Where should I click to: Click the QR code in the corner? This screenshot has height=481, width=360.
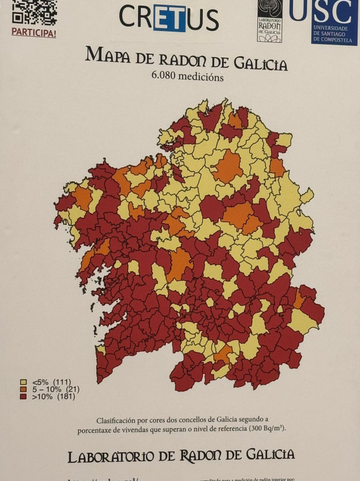click(x=34, y=11)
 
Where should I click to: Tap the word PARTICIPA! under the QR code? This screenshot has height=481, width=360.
click(x=34, y=32)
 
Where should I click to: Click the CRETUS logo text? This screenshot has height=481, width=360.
click(x=168, y=18)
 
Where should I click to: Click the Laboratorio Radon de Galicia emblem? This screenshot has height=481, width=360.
click(x=269, y=20)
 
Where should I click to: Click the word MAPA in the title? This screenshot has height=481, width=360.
click(x=107, y=55)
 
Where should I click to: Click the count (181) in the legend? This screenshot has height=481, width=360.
click(x=66, y=396)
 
